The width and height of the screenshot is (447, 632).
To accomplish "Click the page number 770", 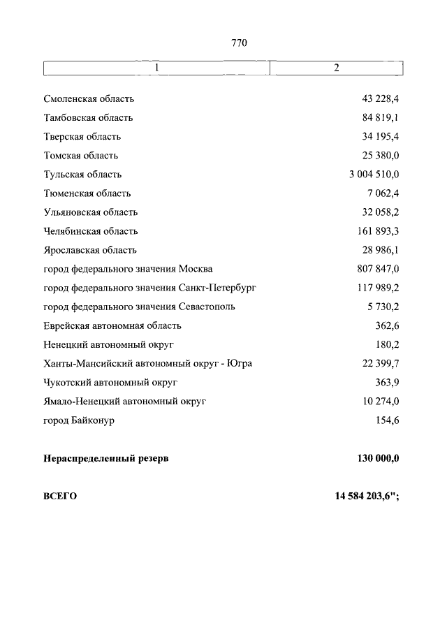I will pos(239,43).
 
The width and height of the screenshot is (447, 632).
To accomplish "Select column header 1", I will pos(157,68).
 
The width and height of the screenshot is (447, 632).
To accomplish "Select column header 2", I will pos(336,68).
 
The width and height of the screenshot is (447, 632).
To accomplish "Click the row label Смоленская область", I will pos(89,99).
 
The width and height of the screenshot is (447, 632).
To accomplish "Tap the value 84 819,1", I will pos(380,118).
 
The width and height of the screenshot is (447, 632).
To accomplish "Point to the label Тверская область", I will pos(82,137).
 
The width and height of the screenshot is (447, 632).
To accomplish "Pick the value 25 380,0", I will pos(380,156).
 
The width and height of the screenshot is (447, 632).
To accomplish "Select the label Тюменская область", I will pos(87,193).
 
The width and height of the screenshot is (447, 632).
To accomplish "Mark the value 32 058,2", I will pos(380,212).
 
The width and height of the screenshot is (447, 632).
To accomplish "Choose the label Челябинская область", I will pos(90,231).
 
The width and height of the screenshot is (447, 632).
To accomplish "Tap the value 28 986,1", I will pos(380,250).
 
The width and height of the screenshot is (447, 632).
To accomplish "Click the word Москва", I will pos(196,269).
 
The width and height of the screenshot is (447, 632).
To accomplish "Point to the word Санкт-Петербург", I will pos(217,288).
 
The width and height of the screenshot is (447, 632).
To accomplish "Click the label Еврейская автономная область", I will pos(112,325).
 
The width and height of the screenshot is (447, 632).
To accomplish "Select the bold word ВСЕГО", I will pos(60,497).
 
